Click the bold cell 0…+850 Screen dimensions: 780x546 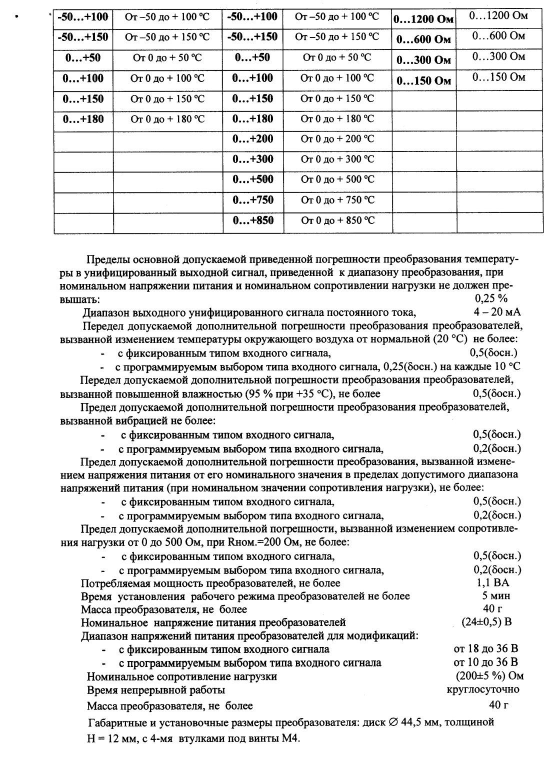253,220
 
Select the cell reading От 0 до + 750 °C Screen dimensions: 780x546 337,200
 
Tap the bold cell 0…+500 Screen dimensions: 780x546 253,179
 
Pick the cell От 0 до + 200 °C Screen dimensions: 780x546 337,138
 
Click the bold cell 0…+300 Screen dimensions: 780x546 253,159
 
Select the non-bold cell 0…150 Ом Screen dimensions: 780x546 498,77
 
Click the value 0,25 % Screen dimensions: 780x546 491,299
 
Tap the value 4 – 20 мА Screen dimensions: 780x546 497,312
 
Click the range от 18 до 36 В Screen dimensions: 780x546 485,649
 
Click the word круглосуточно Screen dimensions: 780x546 482,689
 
